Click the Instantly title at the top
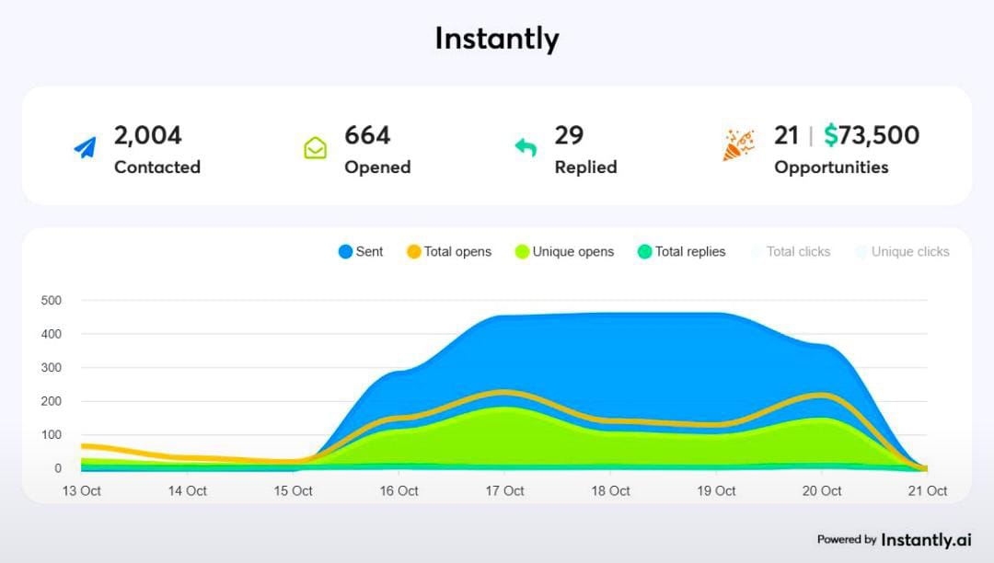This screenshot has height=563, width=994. [497, 39]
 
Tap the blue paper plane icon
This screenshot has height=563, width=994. [85, 148]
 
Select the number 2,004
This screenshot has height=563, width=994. [148, 135]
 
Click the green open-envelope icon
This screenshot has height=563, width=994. [316, 148]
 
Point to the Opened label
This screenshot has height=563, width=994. [377, 167]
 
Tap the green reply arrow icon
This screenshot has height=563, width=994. [526, 147]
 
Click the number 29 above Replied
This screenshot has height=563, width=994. [569, 135]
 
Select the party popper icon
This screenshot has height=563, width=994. [738, 145]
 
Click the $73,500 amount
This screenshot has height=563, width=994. [872, 135]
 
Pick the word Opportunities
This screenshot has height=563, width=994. [831, 167]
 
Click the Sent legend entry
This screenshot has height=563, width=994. [361, 251]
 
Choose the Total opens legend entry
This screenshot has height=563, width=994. [449, 251]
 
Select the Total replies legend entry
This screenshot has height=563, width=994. [681, 251]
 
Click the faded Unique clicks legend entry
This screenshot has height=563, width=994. [902, 251]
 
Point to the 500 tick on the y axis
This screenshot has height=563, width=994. [52, 300]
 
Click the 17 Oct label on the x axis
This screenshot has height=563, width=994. [505, 491]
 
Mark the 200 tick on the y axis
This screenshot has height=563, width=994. [52, 401]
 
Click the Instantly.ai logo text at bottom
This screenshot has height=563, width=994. [925, 540]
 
